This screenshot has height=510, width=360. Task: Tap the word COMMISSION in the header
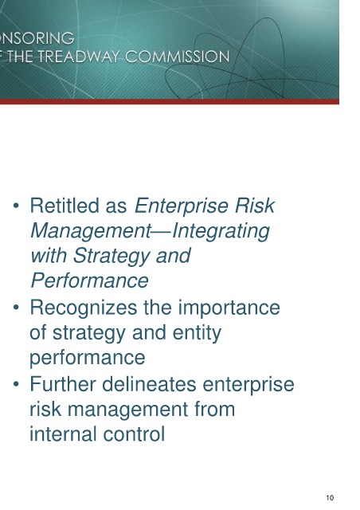tap(178, 57)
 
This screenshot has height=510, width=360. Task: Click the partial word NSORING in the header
tap(37, 38)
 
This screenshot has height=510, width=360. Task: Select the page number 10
tap(330, 497)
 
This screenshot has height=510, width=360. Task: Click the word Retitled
tap(65, 206)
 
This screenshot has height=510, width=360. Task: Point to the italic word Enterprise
tap(182, 206)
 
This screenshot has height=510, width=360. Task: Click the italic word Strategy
tap(112, 257)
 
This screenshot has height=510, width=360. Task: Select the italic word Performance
tap(89, 280)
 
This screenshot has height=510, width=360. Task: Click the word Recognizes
tap(84, 308)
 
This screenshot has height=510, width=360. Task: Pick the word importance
tap(229, 308)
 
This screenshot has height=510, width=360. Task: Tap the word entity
tap(197, 333)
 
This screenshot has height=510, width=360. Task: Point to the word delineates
tap(149, 383)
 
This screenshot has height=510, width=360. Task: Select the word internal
tap(63, 433)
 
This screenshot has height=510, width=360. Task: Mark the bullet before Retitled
tap(16, 206)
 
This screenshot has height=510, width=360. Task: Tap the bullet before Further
tap(16, 384)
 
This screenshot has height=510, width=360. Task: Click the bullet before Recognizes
tap(16, 308)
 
